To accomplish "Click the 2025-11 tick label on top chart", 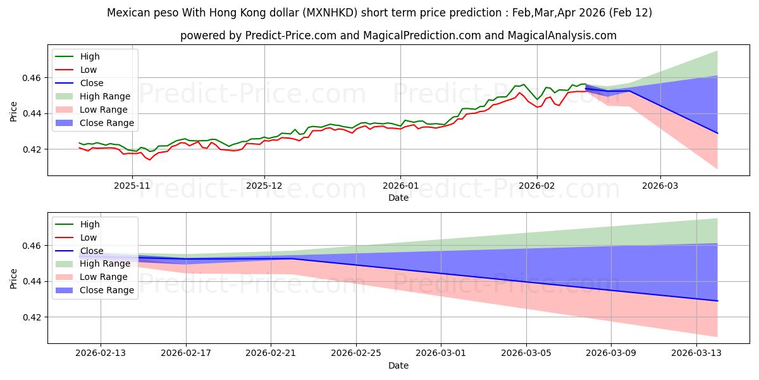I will coord(132,186).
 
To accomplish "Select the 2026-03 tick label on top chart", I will coord(660,186).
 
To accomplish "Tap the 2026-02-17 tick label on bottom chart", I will coord(186,353).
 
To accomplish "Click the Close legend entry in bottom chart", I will coord(92,251).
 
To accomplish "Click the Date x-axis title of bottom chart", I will coord(398,365).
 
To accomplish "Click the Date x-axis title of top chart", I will coord(398,198).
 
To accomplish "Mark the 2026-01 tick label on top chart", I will coord(400,186).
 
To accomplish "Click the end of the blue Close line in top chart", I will coord(717,133).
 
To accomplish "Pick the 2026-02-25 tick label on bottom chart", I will coord(356,353).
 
